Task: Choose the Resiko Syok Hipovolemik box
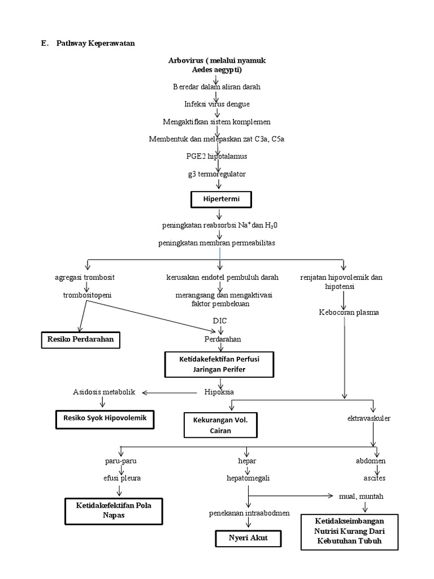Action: pyautogui.click(x=105, y=420)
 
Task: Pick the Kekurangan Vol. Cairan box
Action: pyautogui.click(x=220, y=425)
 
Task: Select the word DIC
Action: pyautogui.click(x=220, y=321)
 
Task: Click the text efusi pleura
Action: pyautogui.click(x=118, y=478)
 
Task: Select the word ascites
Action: pyautogui.click(x=374, y=478)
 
